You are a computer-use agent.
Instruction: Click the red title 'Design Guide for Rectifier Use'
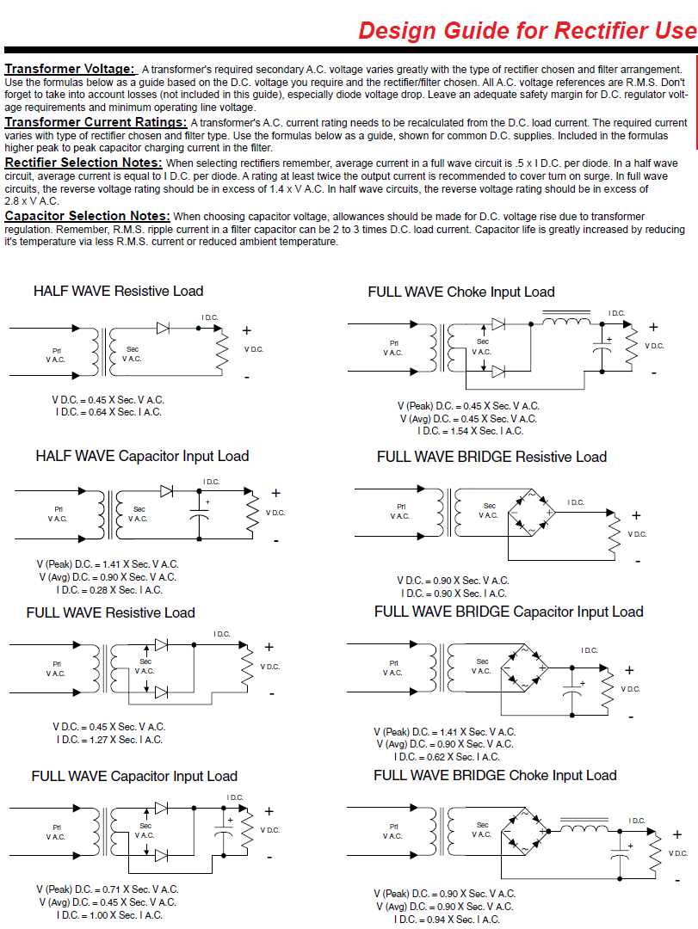click(527, 31)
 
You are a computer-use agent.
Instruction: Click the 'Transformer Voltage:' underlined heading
click(70, 69)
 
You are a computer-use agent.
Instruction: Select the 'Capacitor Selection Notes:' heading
click(87, 216)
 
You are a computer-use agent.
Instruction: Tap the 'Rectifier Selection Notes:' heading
click(83, 163)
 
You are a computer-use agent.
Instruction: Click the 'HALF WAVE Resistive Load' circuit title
click(118, 291)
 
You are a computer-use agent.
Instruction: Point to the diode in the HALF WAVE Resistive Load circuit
click(164, 328)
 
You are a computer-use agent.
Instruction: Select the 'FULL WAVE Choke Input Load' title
click(461, 292)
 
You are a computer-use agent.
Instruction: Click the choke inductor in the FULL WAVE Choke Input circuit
click(565, 323)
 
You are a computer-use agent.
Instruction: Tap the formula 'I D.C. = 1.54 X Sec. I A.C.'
click(470, 431)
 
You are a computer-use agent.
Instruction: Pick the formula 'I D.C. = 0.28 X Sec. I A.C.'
click(108, 590)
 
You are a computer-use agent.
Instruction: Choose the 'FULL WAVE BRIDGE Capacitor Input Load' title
click(509, 612)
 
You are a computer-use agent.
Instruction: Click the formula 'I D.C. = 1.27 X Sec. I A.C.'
click(108, 740)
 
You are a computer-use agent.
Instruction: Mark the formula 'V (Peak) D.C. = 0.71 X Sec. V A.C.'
click(108, 889)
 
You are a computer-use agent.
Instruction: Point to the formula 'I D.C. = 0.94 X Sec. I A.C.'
click(446, 920)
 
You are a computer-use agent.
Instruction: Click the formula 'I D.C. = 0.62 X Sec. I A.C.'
click(446, 757)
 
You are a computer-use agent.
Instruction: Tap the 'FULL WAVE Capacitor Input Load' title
click(134, 776)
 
